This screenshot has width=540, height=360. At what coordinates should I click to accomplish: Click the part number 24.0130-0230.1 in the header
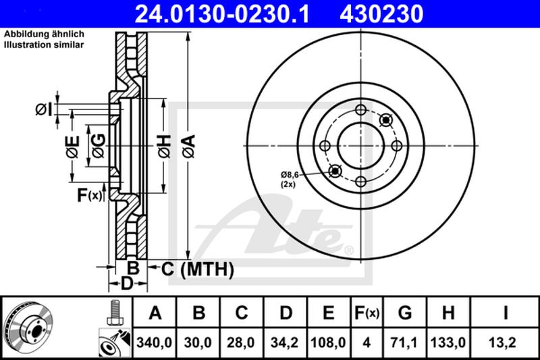coord(222,14)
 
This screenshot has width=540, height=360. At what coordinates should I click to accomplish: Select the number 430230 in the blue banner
coord(381,14)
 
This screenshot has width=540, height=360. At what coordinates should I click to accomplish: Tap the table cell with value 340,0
coord(155,342)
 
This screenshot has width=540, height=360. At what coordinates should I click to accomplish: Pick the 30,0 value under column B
coord(198,342)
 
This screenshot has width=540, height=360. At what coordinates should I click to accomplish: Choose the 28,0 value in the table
coord(241,342)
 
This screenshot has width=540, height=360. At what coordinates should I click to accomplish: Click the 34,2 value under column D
coord(284,342)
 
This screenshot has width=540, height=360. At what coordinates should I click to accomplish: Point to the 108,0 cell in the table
coord(328,342)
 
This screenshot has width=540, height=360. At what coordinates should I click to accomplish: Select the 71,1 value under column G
coord(404,342)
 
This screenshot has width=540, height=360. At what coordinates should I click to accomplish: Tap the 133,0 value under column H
coord(448,342)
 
